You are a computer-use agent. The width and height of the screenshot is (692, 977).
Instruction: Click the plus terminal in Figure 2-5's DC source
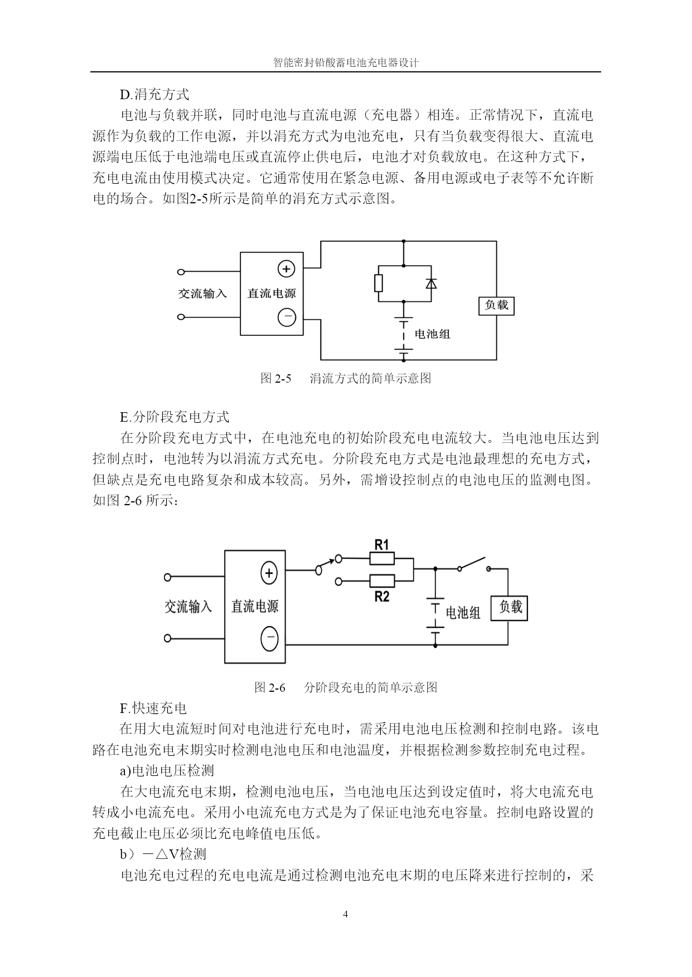[x=286, y=269]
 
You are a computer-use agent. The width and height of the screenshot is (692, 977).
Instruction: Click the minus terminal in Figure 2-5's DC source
[x=287, y=317]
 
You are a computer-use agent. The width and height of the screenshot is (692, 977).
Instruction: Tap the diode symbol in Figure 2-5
[x=430, y=284]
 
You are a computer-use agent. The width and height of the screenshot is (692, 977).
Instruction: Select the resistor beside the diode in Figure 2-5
[x=379, y=283]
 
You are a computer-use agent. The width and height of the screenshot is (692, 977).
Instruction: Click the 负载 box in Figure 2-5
[x=496, y=305]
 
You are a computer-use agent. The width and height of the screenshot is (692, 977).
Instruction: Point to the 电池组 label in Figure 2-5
[x=433, y=334]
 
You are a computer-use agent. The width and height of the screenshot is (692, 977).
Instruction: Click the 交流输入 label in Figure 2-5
[x=202, y=293]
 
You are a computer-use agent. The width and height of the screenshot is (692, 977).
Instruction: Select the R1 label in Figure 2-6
[x=381, y=544]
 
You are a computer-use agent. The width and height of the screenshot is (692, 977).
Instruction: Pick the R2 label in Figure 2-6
[x=381, y=597]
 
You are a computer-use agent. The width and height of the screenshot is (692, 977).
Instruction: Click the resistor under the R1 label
[x=382, y=558]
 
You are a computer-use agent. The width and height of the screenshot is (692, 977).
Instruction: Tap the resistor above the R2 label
[x=382, y=581]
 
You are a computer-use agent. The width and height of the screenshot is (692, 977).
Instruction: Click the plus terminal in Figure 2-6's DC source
[x=269, y=573]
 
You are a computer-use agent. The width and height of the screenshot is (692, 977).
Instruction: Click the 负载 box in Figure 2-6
[x=509, y=608]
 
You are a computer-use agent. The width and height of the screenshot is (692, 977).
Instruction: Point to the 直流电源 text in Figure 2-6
[x=255, y=606]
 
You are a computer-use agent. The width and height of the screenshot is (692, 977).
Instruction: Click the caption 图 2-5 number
[x=277, y=379]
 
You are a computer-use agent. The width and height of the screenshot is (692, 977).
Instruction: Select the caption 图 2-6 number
[x=270, y=687]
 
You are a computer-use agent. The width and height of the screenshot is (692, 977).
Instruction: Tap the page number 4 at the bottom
[x=346, y=914]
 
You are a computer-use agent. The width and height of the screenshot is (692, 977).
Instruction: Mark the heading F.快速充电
[x=153, y=709]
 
